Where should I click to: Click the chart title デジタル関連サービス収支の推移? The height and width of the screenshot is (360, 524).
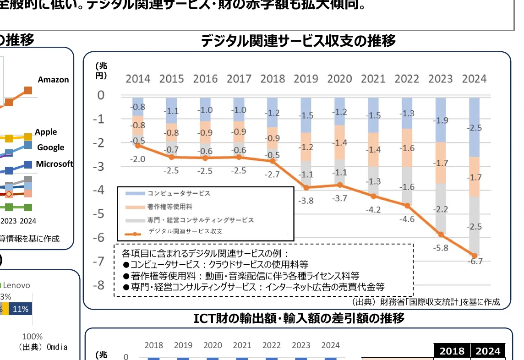pos(298,41)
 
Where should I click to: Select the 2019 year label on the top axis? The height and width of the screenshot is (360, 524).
pos(306,78)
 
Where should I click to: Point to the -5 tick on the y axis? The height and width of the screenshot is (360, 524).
pos(99,214)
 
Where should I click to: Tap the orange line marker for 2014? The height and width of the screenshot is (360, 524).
pos(138,145)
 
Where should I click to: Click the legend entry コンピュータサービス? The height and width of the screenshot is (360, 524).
pos(179,193)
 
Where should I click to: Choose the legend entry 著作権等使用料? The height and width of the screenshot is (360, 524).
pos(170,207)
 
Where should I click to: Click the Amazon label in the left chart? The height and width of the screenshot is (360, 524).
pos(53,80)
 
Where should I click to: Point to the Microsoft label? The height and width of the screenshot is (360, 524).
pos(55,164)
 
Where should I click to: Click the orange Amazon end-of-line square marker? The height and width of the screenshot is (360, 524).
pos(28,90)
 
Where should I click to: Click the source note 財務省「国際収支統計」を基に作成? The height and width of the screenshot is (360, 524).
pos(426,302)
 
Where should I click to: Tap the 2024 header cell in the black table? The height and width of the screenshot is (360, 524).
pos(488,351)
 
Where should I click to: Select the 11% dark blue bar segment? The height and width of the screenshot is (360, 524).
pos(21,309)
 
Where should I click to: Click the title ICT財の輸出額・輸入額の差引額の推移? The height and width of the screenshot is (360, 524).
pos(299,318)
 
